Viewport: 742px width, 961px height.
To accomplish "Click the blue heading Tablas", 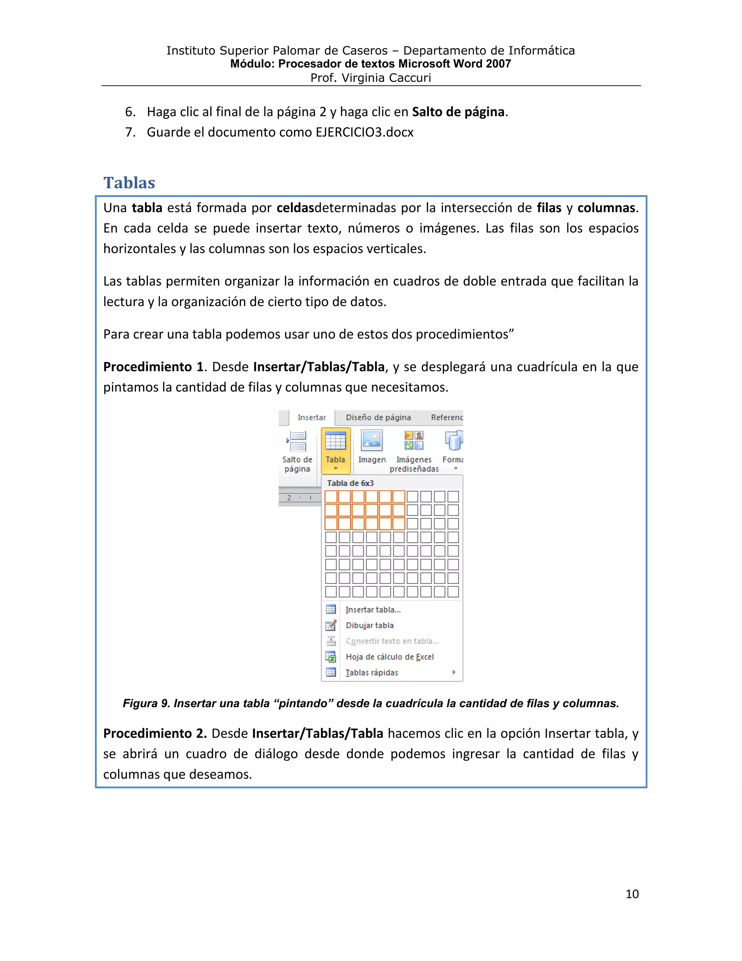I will pos(129,183).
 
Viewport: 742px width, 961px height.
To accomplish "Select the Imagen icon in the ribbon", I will pos(372,441).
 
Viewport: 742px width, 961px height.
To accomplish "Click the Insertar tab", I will pos(312,417).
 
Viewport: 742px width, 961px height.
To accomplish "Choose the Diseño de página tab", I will pos(378,417).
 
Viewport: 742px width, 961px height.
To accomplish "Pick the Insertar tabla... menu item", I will pos(373,610).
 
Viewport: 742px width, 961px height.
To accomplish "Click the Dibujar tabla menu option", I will pos(369,625).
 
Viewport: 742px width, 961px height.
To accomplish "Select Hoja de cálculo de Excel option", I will pos(389,656).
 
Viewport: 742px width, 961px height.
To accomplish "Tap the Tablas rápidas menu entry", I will pos(371,672).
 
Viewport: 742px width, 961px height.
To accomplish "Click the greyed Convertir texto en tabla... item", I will pos(392,641).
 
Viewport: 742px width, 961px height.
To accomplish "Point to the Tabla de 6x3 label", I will pos(350,483).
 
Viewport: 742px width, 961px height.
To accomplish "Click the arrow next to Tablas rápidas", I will pos(454,672).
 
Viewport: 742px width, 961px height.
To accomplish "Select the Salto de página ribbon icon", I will pos(297,441).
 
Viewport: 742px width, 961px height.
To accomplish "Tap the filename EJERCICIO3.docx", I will pos(364,132).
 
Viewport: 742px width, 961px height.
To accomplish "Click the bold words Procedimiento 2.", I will pos(155,734).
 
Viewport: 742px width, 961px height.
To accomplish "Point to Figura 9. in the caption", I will pos(146,703).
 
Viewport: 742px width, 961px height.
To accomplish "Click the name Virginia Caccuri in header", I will pos(386,78).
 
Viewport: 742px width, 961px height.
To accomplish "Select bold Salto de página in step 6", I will pos(458,112).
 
